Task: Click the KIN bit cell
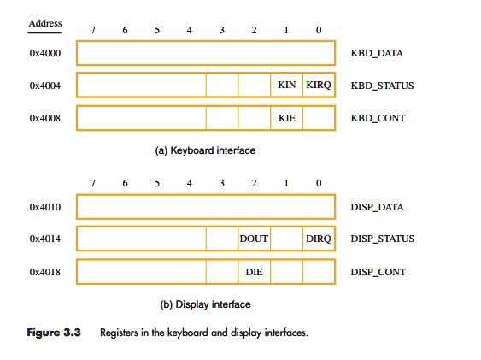tap(286, 86)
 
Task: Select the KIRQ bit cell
tap(319, 86)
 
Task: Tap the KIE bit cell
tap(286, 118)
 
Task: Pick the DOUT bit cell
tap(254, 239)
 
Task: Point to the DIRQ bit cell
tap(319, 239)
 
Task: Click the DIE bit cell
tap(254, 272)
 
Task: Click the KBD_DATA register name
tap(376, 54)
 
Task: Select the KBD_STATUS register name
tap(381, 86)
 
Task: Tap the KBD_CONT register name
tap(378, 118)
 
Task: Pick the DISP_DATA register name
tap(377, 207)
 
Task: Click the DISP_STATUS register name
tap(382, 239)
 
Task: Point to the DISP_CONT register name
tap(378, 272)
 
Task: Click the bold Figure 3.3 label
tap(55, 332)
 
